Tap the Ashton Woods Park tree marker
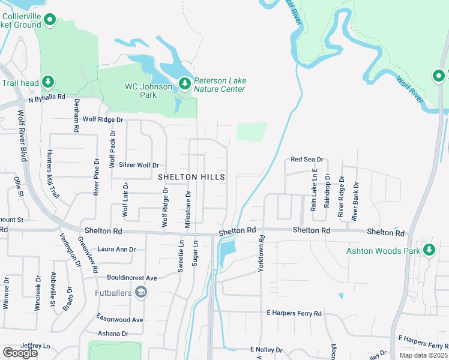click(429, 249)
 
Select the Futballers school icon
click(141, 292)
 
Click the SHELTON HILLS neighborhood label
click(191, 177)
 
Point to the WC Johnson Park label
click(148, 91)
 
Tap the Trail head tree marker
click(48, 82)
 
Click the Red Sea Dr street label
click(307, 160)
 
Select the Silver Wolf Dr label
click(139, 165)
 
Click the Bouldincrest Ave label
click(131, 278)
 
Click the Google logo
click(20, 353)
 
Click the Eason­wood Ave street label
click(121, 320)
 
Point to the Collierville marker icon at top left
click(50, 22)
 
